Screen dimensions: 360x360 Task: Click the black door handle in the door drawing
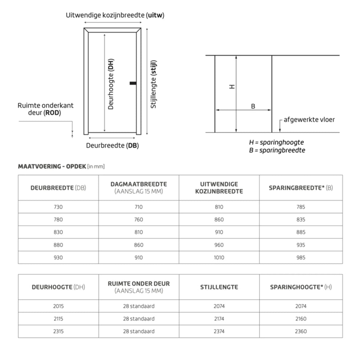click(x=133, y=84)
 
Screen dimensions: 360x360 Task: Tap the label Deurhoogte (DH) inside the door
click(x=111, y=84)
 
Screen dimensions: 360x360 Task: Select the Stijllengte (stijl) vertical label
click(x=154, y=84)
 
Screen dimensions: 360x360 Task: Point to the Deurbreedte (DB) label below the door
click(x=112, y=146)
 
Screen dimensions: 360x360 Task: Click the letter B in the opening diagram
click(x=253, y=106)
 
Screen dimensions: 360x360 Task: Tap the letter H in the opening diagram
click(x=232, y=86)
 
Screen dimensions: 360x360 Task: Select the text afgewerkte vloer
click(x=309, y=120)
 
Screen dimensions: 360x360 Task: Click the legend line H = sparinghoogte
click(x=276, y=142)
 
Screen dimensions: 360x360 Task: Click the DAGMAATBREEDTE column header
click(x=138, y=187)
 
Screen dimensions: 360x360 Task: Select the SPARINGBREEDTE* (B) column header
click(x=300, y=188)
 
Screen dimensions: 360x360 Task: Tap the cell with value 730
click(x=58, y=207)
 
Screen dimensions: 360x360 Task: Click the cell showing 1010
click(x=219, y=258)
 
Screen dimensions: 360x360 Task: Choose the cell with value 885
click(x=300, y=232)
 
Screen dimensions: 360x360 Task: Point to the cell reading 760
click(x=138, y=219)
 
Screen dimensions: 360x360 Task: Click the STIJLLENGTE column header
click(x=219, y=287)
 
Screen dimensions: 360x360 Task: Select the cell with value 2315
click(x=58, y=331)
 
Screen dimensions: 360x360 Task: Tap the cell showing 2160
click(x=300, y=319)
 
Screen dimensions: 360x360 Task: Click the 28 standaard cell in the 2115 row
click(x=138, y=319)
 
